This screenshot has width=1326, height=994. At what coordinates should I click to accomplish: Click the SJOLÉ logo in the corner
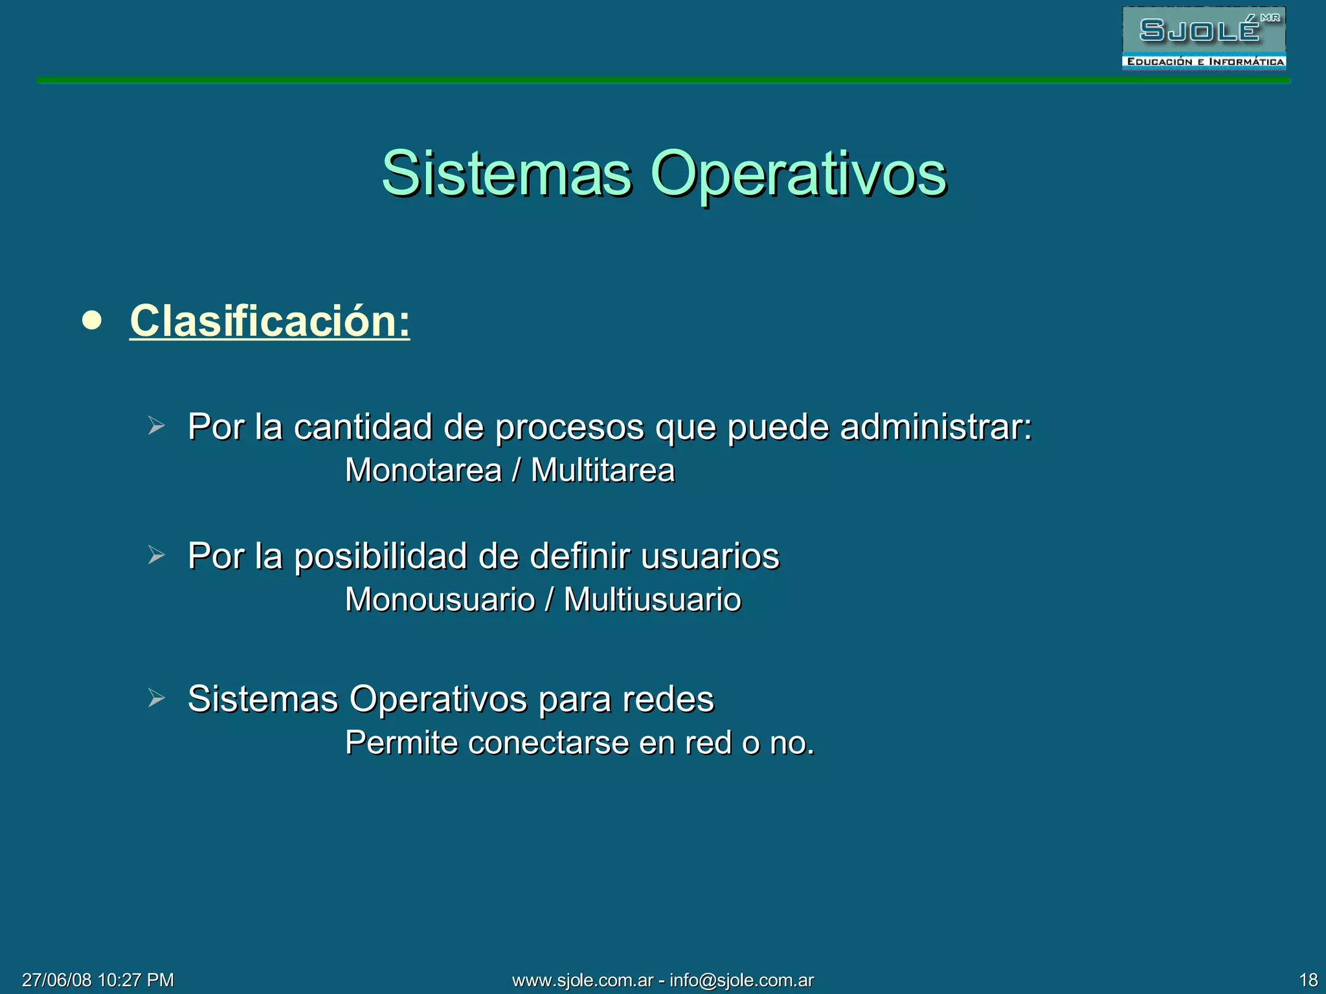1203,38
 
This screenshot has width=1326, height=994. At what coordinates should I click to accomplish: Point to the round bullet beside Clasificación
93,320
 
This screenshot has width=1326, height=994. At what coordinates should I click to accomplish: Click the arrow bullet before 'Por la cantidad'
156,426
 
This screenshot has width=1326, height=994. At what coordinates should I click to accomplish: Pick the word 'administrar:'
936,427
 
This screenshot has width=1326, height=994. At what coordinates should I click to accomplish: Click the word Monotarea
423,470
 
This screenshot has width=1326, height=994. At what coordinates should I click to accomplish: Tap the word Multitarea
602,470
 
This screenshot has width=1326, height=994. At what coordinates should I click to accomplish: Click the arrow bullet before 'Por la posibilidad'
156,555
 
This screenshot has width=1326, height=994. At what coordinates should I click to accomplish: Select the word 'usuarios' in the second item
710,557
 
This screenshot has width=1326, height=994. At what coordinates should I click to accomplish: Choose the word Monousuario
440,599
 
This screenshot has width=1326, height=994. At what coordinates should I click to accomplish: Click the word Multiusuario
652,599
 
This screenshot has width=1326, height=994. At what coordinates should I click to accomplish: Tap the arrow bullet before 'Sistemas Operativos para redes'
156,698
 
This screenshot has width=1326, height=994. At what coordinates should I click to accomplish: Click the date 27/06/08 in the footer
56,980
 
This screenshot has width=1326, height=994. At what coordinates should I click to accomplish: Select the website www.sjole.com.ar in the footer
583,980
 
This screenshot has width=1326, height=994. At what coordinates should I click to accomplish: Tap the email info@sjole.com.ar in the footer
741,980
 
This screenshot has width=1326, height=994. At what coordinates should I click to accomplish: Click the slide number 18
1308,980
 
